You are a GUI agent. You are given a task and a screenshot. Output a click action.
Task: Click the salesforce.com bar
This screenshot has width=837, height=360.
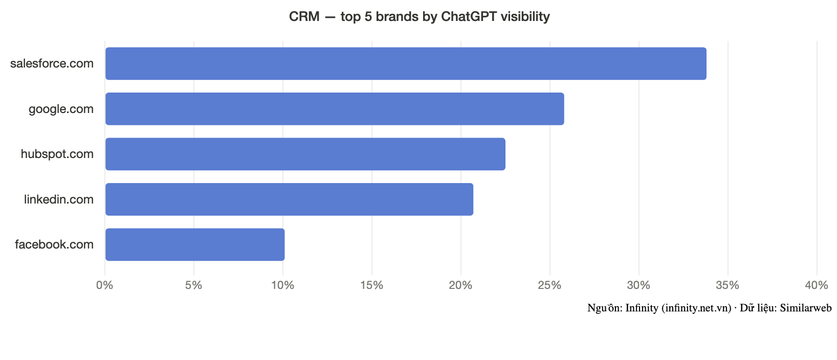[x=406, y=63]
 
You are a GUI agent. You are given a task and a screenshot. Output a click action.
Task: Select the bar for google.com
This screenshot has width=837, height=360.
[x=335, y=109]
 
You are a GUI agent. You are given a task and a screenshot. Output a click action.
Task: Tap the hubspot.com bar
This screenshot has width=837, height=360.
[x=305, y=154]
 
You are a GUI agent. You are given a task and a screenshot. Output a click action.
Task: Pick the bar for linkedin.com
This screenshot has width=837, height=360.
[x=289, y=199]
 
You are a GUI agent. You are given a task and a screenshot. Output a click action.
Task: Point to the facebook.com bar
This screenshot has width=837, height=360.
[x=195, y=244]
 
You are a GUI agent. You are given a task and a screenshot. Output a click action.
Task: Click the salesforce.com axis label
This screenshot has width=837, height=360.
[x=52, y=63]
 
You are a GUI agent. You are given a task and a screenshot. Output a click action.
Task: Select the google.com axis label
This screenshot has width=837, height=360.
[x=61, y=109]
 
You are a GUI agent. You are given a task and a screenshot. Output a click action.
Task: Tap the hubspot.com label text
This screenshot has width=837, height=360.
[x=57, y=154]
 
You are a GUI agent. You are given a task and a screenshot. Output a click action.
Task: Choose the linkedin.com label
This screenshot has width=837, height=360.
[x=59, y=199]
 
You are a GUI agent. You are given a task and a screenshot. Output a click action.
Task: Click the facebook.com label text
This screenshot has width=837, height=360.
[x=54, y=244]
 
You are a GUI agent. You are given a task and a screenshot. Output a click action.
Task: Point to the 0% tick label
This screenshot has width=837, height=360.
[x=104, y=285]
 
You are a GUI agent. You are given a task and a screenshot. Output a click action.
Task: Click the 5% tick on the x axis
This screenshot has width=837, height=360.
[x=193, y=285]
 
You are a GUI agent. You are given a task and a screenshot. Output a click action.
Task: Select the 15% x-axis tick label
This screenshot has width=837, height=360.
[x=372, y=285]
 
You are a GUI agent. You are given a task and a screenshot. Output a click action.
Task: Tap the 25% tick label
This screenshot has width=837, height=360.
[x=549, y=285]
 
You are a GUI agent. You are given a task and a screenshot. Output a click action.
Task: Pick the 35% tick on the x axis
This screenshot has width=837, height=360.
[x=728, y=285]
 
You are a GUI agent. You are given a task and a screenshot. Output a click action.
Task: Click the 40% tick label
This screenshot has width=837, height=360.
[x=817, y=285]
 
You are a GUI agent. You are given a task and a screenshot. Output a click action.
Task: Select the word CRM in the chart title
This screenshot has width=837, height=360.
[x=304, y=16]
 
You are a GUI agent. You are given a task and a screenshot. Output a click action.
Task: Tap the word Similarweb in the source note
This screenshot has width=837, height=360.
[x=806, y=308]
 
